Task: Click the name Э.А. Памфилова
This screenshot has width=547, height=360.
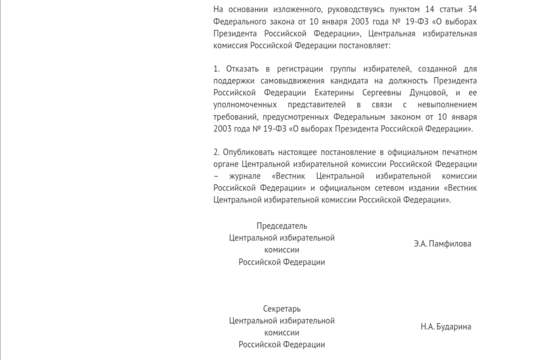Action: coord(442,244)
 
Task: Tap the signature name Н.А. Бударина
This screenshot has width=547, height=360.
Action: coord(446,327)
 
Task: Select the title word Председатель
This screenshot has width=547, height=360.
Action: coord(282,226)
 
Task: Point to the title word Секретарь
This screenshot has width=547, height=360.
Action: coord(282,309)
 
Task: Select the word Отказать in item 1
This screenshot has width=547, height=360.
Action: coord(242,69)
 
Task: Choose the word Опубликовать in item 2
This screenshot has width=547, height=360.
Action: coord(247,152)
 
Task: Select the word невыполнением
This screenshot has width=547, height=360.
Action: coord(449,105)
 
